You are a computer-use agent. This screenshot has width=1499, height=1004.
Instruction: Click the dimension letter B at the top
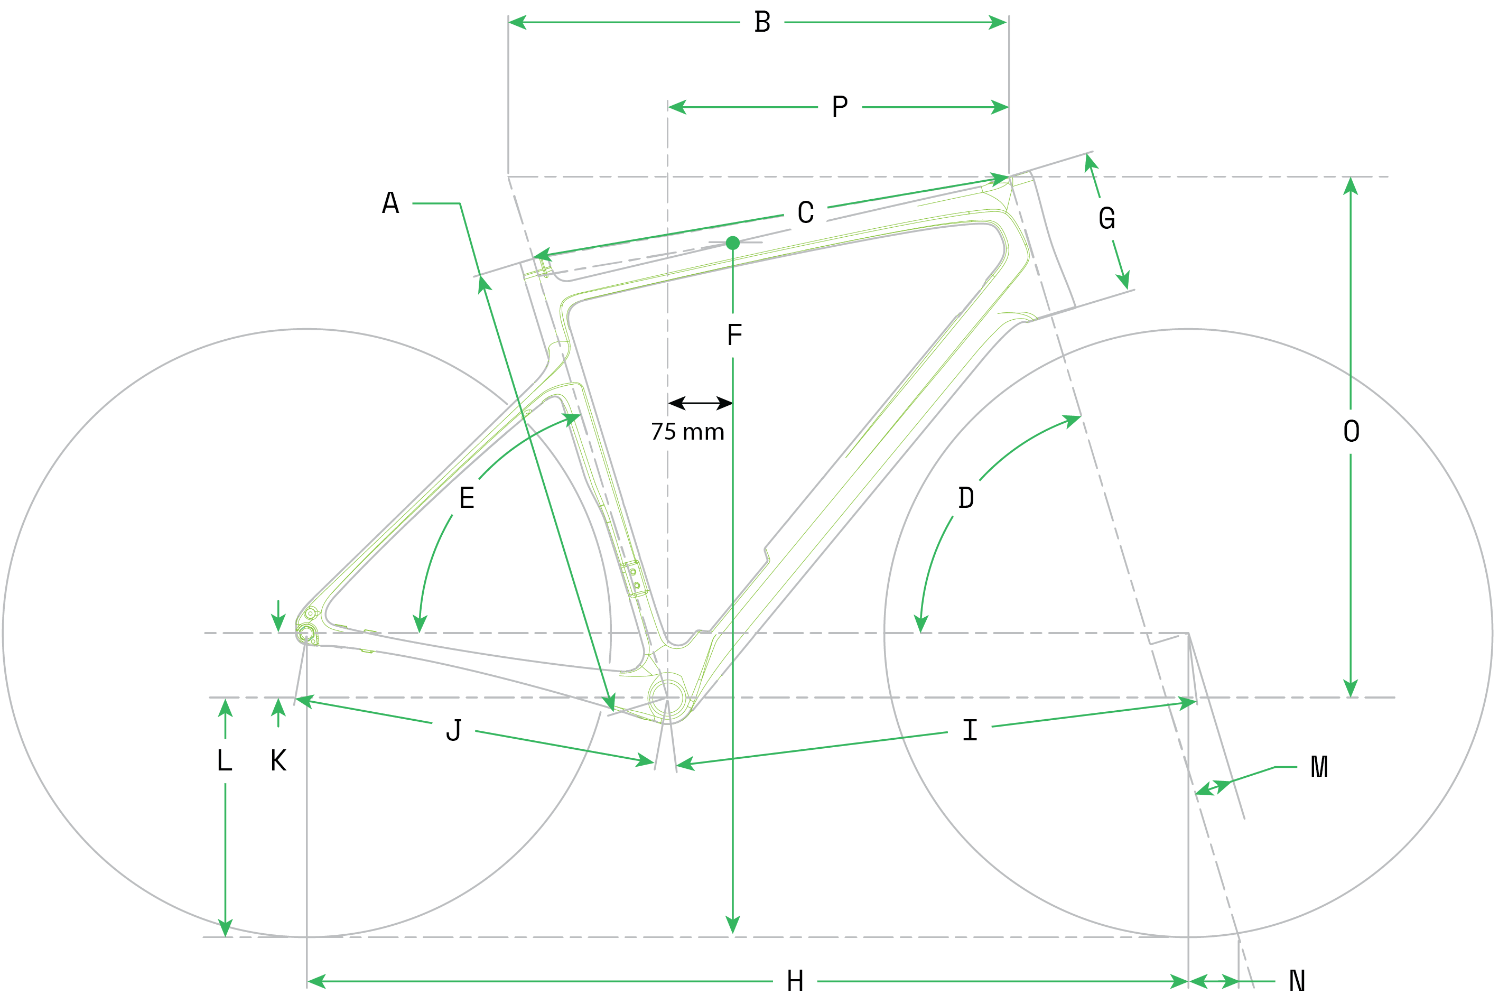click(x=762, y=22)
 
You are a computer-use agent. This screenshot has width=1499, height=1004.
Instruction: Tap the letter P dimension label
click(x=840, y=106)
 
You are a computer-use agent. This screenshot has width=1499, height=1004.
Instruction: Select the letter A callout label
click(x=390, y=203)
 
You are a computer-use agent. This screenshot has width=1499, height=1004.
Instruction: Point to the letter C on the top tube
click(x=806, y=212)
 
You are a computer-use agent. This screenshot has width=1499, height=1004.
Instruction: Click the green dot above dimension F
click(x=733, y=243)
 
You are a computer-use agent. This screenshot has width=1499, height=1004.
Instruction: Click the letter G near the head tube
click(x=1106, y=218)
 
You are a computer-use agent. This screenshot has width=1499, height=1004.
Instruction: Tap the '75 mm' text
click(x=687, y=432)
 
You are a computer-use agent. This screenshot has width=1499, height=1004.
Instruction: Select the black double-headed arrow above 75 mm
click(x=700, y=403)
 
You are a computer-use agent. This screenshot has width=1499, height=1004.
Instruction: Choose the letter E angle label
click(x=467, y=498)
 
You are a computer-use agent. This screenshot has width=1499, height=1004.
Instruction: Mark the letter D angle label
click(x=966, y=498)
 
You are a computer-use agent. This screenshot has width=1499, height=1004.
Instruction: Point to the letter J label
click(x=454, y=730)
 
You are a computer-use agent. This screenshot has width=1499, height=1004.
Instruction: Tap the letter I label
click(x=970, y=730)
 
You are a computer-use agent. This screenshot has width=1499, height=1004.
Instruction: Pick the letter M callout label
click(x=1319, y=766)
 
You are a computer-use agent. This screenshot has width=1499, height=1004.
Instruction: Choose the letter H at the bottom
click(x=795, y=981)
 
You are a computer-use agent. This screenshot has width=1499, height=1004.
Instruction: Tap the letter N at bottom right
click(x=1297, y=981)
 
